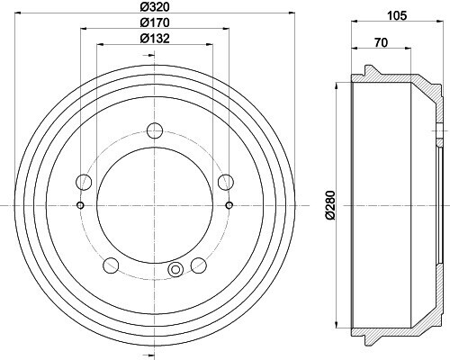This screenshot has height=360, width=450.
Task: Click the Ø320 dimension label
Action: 155,6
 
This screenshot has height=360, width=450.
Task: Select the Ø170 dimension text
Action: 155,22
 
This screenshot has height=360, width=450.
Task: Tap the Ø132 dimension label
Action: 155,38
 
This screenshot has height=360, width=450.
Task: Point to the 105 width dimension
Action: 397,15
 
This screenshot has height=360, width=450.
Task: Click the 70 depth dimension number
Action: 381,42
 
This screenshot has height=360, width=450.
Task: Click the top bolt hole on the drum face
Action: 155,130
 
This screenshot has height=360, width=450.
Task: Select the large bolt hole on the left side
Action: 84,182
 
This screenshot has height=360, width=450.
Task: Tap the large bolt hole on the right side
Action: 226,182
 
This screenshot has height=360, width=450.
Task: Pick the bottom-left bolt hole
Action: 111,265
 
